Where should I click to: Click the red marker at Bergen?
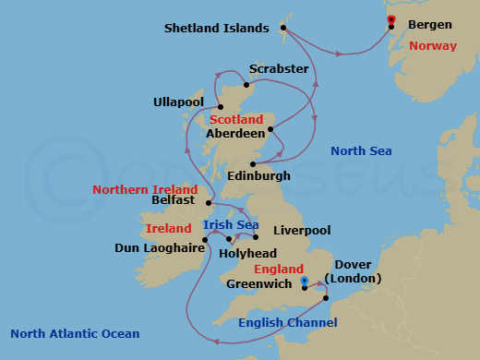point(391,19)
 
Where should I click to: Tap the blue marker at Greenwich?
point(304,282)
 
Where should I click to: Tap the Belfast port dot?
point(210,203)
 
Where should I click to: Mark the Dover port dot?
point(326,297)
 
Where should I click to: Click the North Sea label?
point(362,151)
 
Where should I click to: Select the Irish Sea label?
point(230,223)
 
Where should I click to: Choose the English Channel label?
point(287,322)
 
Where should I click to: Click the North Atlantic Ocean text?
point(75,334)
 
